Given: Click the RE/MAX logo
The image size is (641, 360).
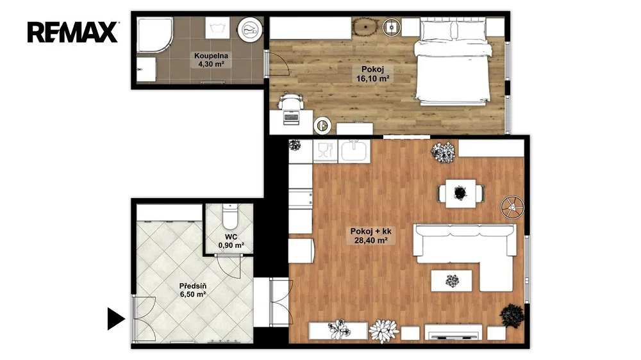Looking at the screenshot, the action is pyautogui.click(x=73, y=32).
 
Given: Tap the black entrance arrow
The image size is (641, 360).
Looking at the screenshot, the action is pyautogui.click(x=115, y=319).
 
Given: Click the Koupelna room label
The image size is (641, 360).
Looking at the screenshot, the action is pyautogui.click(x=211, y=56).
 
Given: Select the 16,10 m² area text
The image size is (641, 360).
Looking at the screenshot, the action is pyautogui.click(x=372, y=78).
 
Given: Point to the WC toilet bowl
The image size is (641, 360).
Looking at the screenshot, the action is pyautogui.click(x=229, y=217).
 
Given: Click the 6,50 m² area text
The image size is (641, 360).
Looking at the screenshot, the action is pyautogui.click(x=192, y=294).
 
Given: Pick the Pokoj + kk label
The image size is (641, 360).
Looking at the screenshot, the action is pyautogui.click(x=370, y=231).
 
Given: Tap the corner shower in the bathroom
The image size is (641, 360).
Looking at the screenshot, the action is pyautogui.click(x=154, y=35).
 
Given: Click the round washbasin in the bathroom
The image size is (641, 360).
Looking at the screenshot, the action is pyautogui.click(x=250, y=29).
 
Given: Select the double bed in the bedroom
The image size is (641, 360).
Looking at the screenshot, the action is pyautogui.click(x=452, y=61).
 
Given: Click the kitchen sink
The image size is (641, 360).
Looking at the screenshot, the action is pyautogui.click(x=354, y=151).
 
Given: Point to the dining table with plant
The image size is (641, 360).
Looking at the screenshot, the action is pyautogui.click(x=461, y=193).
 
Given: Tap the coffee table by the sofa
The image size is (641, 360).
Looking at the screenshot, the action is pyautogui.click(x=452, y=281).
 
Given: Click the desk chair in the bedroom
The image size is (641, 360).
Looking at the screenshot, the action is pyautogui.click(x=290, y=100).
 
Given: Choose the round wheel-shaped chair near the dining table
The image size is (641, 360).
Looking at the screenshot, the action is pyautogui.click(x=512, y=207).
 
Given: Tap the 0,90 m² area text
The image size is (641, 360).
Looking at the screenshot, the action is pyautogui.click(x=231, y=245).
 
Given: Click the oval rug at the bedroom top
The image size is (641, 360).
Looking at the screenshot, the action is pyautogui.click(x=365, y=28).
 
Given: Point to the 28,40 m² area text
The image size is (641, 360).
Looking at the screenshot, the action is pyautogui.click(x=370, y=240).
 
